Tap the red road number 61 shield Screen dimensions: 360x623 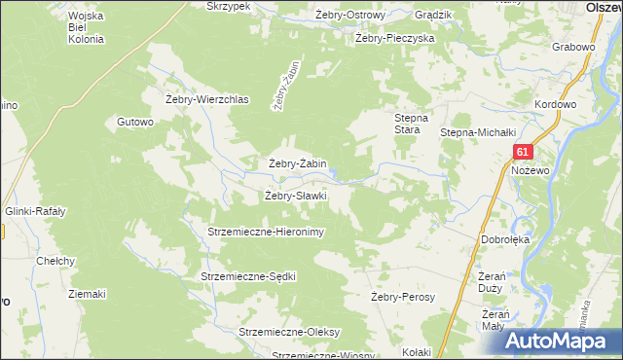coord(524,152)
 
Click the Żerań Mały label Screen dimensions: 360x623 coord(496,319)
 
